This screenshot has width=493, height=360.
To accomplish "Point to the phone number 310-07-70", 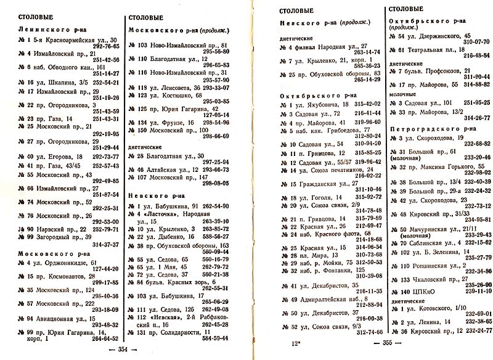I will click(475, 42).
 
